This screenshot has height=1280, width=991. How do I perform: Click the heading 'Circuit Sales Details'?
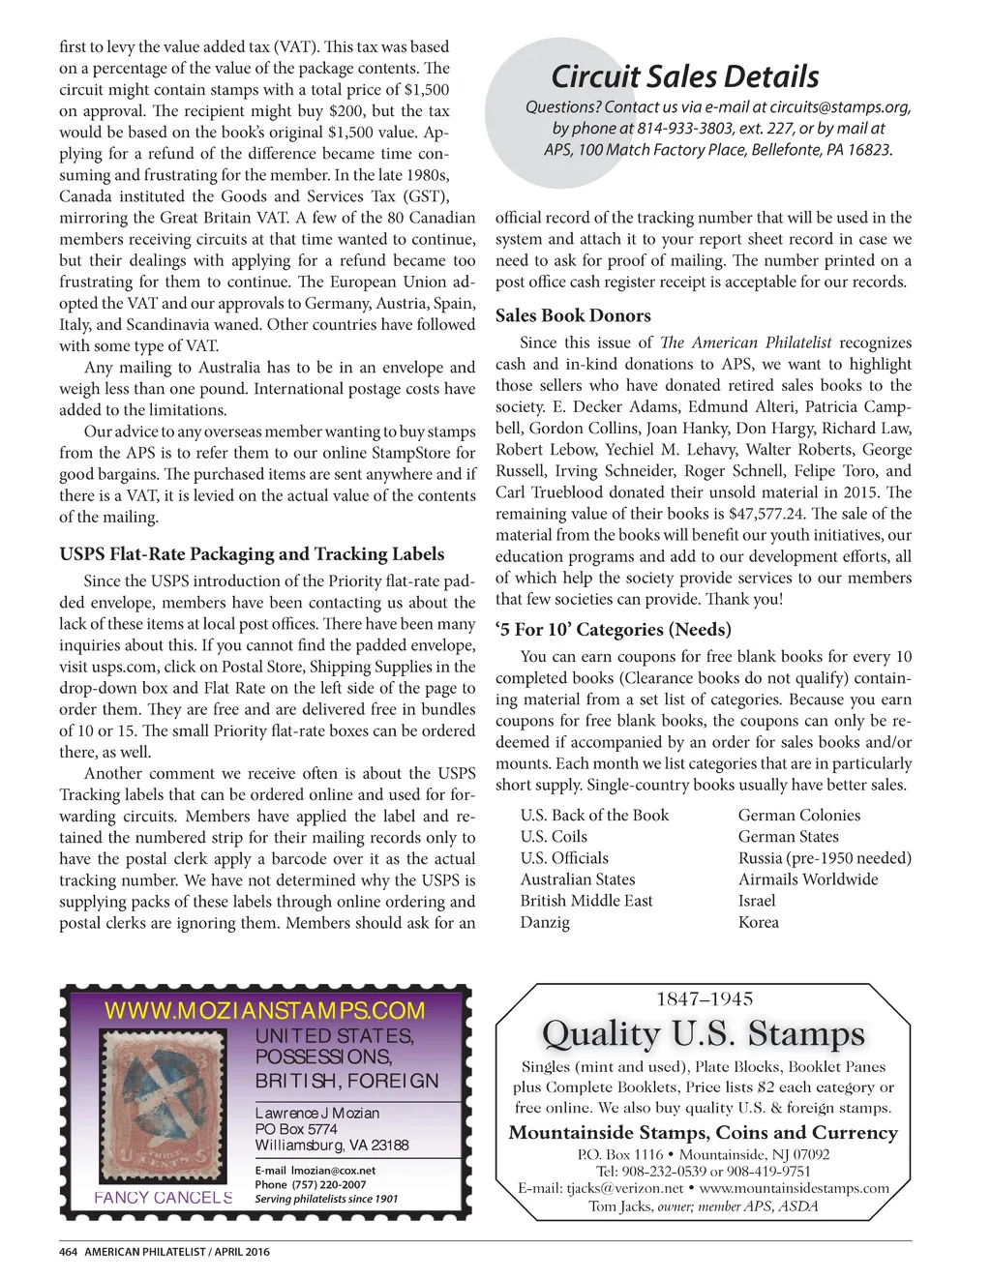(684, 76)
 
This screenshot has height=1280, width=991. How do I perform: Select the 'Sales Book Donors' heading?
(573, 315)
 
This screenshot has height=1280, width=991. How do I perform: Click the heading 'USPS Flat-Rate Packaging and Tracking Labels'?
(252, 554)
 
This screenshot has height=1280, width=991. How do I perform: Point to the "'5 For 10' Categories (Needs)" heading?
(613, 630)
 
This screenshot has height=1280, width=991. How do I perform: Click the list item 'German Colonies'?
(798, 816)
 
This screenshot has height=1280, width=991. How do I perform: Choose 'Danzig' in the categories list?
(545, 922)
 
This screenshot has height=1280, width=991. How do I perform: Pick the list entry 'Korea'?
(758, 922)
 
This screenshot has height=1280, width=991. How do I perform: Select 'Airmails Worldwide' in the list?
(808, 879)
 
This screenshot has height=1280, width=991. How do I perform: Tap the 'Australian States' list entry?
(578, 879)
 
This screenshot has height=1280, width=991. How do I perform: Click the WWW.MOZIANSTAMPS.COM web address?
(264, 1011)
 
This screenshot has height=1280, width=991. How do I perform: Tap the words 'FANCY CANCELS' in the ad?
(164, 1197)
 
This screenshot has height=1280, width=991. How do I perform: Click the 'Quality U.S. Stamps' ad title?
(703, 1033)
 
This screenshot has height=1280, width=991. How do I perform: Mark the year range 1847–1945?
(704, 999)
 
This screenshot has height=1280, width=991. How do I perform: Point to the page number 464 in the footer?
(68, 1252)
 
